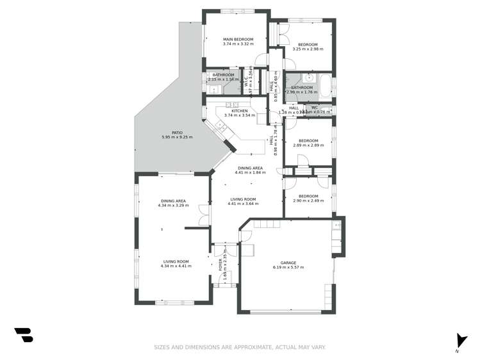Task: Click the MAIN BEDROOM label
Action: (238, 38)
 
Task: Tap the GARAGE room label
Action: (288, 262)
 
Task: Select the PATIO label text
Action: (168, 133)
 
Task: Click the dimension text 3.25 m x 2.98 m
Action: (305, 49)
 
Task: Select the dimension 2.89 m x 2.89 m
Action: (308, 145)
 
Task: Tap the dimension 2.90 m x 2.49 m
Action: (308, 200)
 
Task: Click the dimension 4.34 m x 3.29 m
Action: (173, 206)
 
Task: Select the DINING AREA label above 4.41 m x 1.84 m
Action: (249, 168)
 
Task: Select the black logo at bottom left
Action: (23, 334)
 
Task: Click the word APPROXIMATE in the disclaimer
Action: (249, 347)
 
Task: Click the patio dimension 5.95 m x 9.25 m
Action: (168, 137)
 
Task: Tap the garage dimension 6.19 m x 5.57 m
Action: (288, 266)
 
